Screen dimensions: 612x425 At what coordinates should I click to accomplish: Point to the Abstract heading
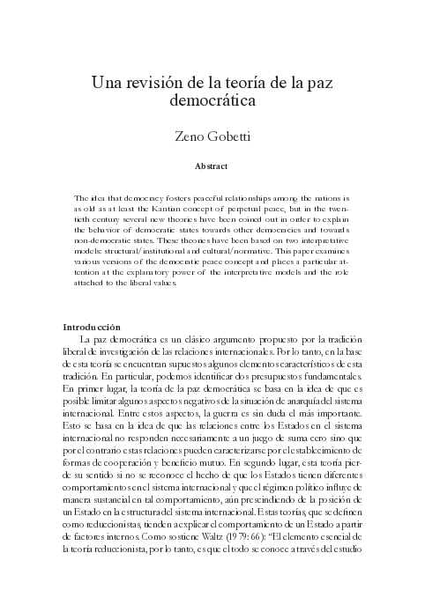tap(212, 165)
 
